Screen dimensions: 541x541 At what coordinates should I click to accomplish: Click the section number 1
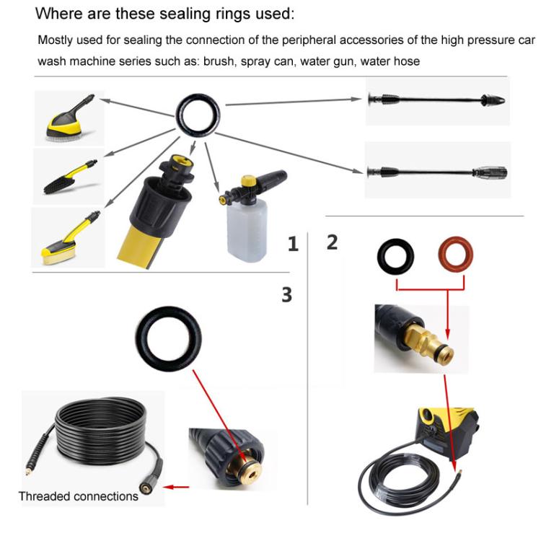(293, 245)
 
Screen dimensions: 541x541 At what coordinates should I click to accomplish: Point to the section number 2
(332, 242)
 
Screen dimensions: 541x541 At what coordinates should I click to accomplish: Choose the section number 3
(287, 294)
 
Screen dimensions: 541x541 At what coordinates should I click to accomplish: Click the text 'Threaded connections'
(78, 496)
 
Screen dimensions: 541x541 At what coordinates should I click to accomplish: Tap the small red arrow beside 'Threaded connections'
(177, 487)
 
